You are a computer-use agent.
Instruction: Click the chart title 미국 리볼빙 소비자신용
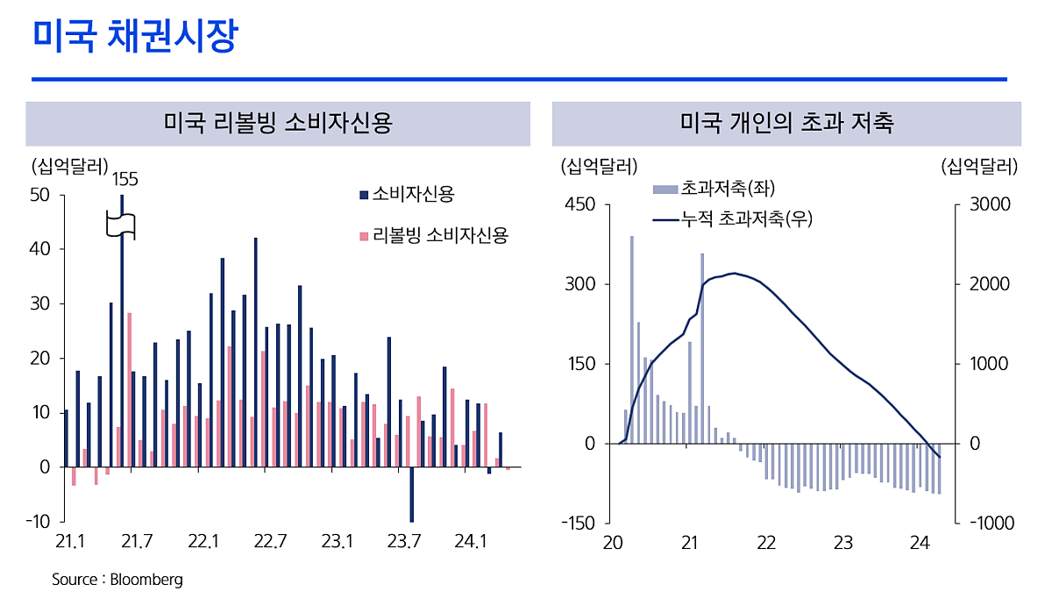pyautogui.click(x=277, y=124)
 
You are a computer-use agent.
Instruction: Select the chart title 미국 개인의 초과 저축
pyautogui.click(x=786, y=124)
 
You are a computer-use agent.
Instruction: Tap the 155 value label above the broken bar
pyautogui.click(x=125, y=179)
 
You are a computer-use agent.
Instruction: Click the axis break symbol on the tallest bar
pyautogui.click(x=122, y=225)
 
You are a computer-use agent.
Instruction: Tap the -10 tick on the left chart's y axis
pyautogui.click(x=38, y=522)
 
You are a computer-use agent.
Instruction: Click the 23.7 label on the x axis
pyautogui.click(x=403, y=542)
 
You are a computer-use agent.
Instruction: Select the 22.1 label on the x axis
pyautogui.click(x=203, y=542)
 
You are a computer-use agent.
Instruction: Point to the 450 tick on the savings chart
pyautogui.click(x=582, y=204)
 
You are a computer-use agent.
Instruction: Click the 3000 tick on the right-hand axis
pyautogui.click(x=989, y=204)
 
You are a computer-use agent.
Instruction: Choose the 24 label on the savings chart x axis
pyautogui.click(x=919, y=543)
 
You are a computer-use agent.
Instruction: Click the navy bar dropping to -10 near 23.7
pyautogui.click(x=410, y=495)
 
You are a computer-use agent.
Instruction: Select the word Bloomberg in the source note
pyautogui.click(x=146, y=580)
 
